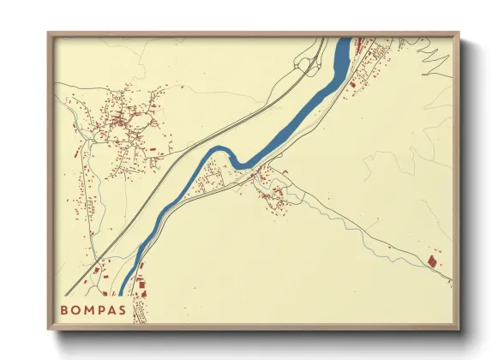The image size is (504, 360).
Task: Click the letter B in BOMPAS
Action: [64, 309]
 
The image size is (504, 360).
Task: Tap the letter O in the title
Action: [78, 309]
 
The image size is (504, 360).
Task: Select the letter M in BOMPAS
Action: [93, 309]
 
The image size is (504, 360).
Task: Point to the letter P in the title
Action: [107, 309]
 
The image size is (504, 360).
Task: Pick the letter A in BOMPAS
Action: [121, 309]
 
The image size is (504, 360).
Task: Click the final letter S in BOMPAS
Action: [135, 309]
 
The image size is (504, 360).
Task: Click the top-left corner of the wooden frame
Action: [49, 33]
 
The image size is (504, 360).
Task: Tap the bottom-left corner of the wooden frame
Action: [49, 329]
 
